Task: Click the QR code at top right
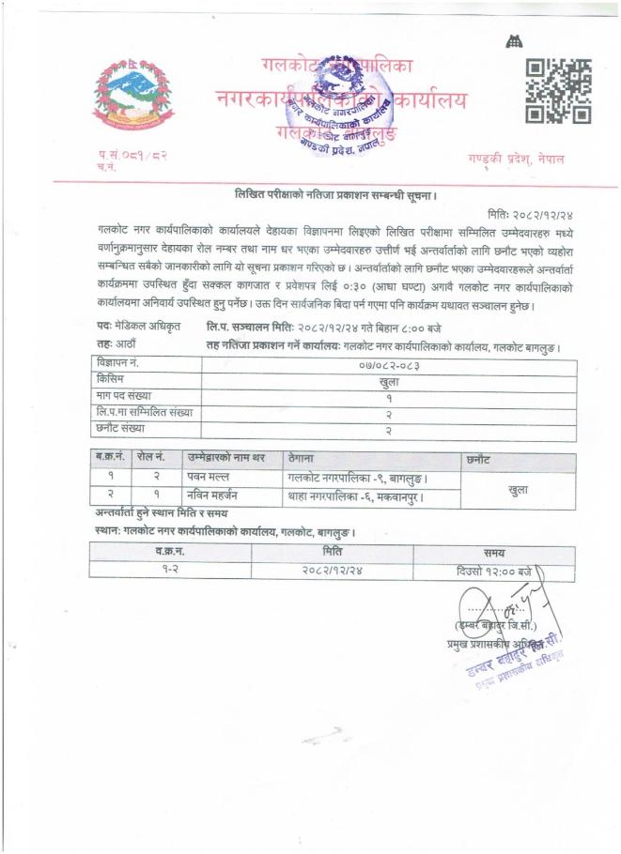tap(557, 92)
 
